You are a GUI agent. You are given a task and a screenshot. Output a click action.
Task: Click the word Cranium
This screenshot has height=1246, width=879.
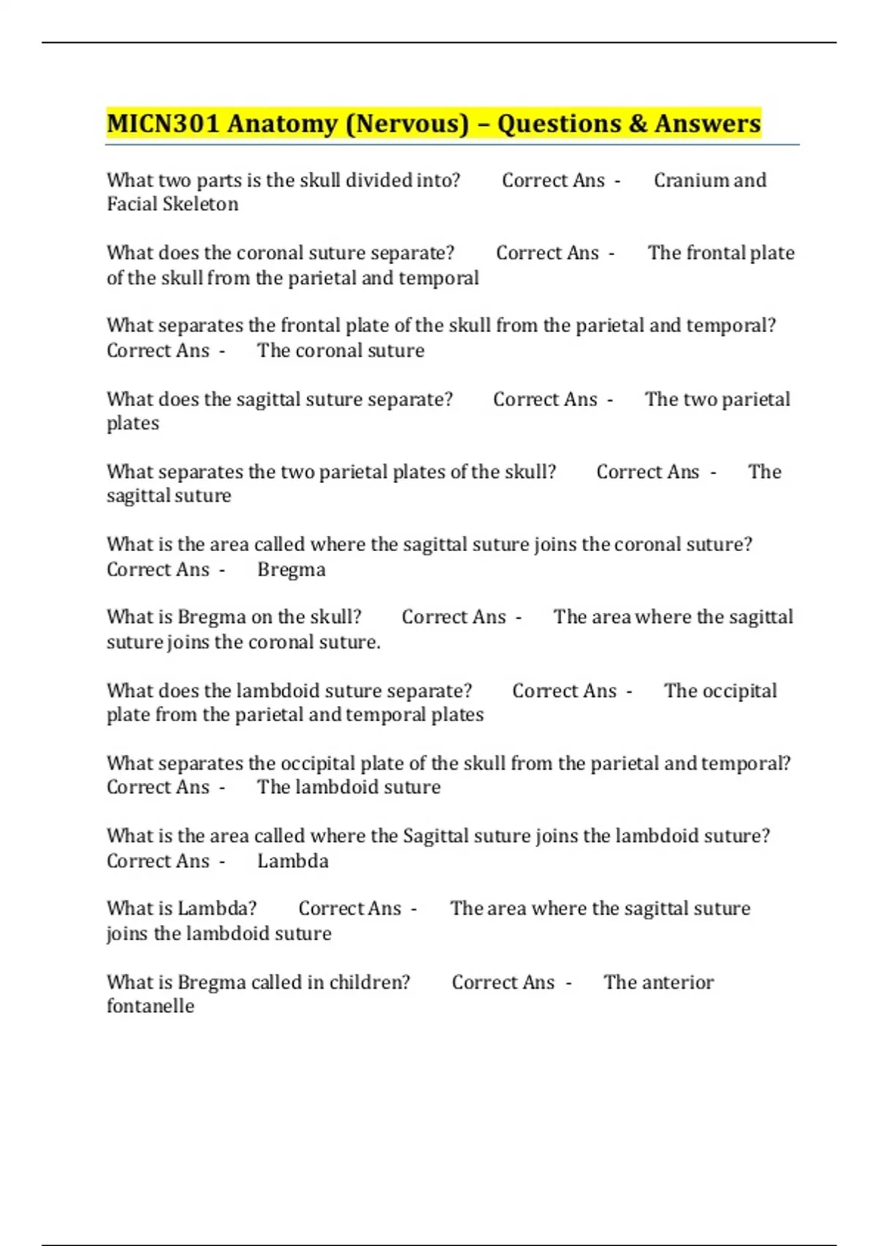click(689, 180)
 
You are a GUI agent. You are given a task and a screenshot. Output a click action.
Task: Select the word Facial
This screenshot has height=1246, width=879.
click(130, 204)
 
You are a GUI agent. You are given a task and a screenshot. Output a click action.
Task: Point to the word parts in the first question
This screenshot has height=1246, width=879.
click(218, 180)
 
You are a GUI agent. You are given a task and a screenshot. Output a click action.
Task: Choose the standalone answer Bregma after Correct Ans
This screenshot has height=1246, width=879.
click(292, 570)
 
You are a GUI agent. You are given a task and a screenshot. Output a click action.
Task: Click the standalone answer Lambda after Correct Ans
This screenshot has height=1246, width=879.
click(292, 861)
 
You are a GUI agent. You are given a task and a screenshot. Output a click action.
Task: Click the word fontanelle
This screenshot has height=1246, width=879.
click(150, 1006)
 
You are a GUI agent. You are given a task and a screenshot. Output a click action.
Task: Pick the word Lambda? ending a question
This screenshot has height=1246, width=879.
click(218, 909)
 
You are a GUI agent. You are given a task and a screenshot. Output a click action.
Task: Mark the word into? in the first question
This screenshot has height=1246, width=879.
click(437, 180)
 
